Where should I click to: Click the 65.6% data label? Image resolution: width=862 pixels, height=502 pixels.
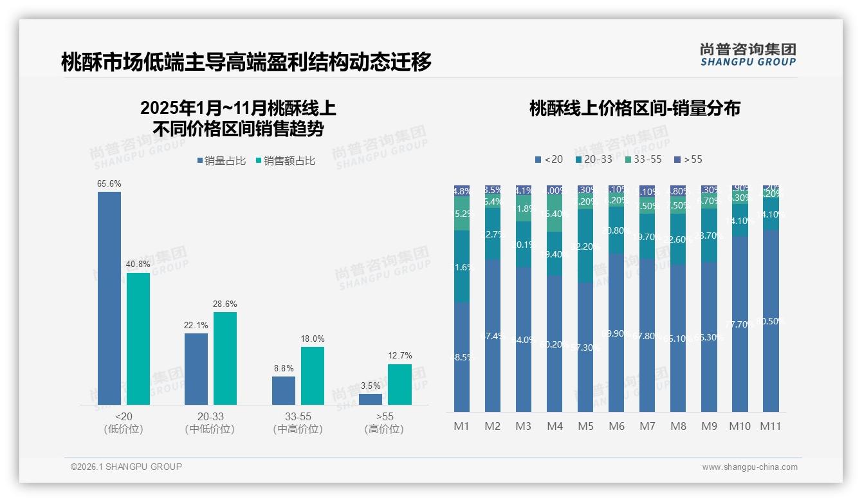point(109,184)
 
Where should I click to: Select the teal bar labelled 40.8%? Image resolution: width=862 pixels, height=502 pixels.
point(138,339)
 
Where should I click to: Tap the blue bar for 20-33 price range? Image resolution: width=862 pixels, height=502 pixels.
point(196,369)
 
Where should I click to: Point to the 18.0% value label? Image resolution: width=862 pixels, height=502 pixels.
point(313,339)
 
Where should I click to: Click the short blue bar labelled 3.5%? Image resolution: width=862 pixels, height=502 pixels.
point(371,399)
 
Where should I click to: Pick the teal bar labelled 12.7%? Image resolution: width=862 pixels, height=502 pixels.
point(399,384)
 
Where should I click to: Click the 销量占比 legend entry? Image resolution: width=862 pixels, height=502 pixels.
point(221,161)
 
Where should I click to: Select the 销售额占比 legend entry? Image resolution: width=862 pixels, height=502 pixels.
point(285,161)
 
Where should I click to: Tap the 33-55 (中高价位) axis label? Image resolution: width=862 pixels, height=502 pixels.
point(298,423)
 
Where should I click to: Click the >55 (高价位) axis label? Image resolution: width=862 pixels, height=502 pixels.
point(385,423)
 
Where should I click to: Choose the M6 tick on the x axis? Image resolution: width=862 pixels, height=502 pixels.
point(616,426)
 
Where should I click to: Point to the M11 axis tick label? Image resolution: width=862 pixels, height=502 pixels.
point(771,426)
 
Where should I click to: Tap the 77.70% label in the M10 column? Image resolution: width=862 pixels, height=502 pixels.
point(739,325)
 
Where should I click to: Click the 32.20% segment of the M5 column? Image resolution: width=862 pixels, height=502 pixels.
point(585,246)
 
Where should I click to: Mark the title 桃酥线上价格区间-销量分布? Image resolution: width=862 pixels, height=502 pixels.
point(634,108)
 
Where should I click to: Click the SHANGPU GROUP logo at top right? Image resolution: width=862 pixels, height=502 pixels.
point(747,55)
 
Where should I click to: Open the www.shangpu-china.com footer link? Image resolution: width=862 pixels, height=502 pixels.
point(749,467)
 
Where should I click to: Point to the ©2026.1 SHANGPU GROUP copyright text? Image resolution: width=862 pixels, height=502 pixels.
point(126,467)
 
